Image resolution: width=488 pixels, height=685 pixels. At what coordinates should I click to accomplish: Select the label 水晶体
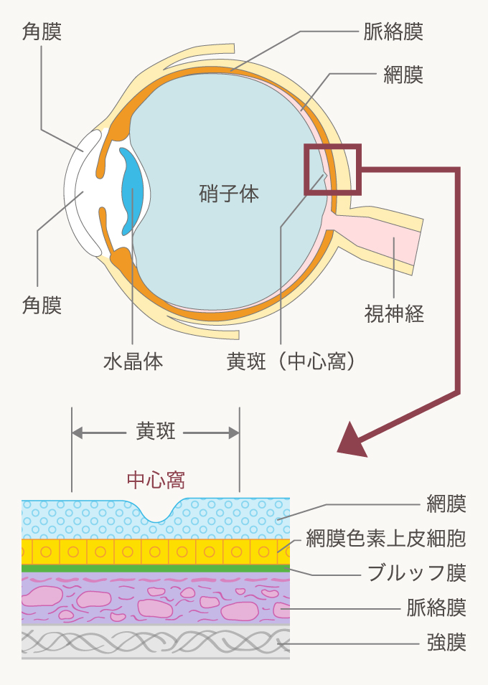[x=133, y=361]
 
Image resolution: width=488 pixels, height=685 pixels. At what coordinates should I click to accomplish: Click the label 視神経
[x=394, y=313]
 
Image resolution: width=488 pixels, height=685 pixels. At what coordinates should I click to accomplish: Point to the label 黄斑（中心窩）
[x=291, y=361]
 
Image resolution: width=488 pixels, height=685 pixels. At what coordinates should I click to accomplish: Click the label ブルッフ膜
[x=416, y=572]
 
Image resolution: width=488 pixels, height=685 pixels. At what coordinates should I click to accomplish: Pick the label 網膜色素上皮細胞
[x=386, y=537]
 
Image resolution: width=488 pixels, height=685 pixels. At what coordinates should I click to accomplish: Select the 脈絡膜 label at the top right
[x=393, y=32]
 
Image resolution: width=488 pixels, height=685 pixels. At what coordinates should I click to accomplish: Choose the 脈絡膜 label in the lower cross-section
[x=436, y=608]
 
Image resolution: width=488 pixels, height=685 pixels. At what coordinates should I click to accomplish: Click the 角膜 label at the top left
[x=42, y=32]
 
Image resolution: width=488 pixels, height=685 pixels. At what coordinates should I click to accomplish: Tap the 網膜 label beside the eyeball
[x=403, y=75]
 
